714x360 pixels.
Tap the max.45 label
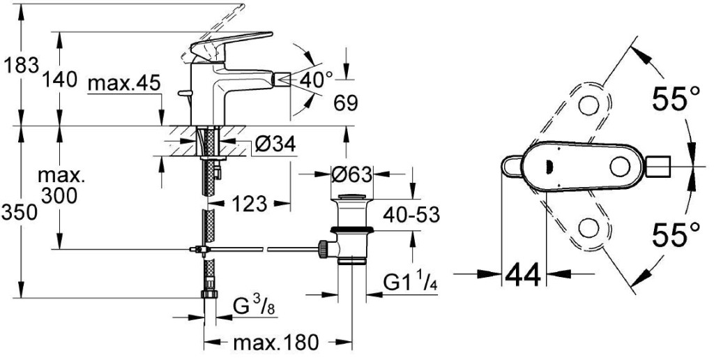click(x=125, y=84)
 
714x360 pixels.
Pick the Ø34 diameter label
click(x=275, y=145)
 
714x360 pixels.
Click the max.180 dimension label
click(x=276, y=343)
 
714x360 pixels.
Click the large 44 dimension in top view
click(x=523, y=276)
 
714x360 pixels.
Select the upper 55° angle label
click(x=676, y=100)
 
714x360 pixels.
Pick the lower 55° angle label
click(x=676, y=235)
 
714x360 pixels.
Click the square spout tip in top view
click(x=658, y=167)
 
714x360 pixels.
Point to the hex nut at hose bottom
click(x=207, y=294)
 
